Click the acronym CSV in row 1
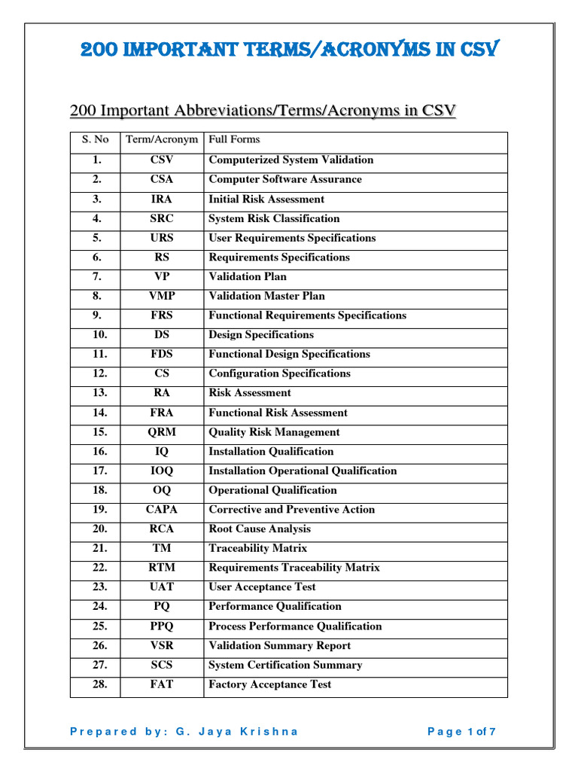(161, 160)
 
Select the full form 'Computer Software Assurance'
(284, 179)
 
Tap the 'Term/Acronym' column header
(161, 139)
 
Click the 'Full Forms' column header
(234, 139)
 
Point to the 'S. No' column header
(95, 139)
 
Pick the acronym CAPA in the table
(161, 510)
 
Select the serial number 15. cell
(100, 432)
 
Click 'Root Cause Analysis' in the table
(259, 529)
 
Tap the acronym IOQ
(161, 471)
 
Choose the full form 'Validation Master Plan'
(266, 296)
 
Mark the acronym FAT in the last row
(161, 684)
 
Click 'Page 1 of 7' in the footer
(461, 731)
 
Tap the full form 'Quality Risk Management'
(274, 432)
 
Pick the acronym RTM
(161, 568)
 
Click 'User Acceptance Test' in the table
(262, 587)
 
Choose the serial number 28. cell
(100, 684)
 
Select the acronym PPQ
(161, 626)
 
